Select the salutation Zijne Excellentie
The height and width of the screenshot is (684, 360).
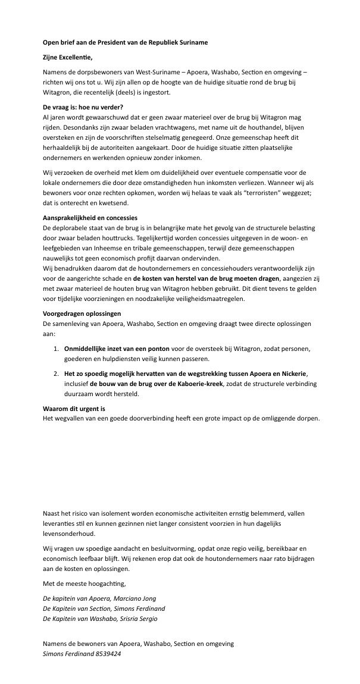[x=68, y=57]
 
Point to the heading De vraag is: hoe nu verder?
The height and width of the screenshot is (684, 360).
[x=83, y=107]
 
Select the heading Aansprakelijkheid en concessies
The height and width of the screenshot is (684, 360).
[x=90, y=218]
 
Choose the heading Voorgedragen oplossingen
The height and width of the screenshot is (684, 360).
[x=82, y=313]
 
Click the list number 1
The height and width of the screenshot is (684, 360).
[x=56, y=348]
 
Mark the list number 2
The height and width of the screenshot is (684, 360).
[x=56, y=373]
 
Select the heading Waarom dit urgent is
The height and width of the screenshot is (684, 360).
[x=74, y=409]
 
